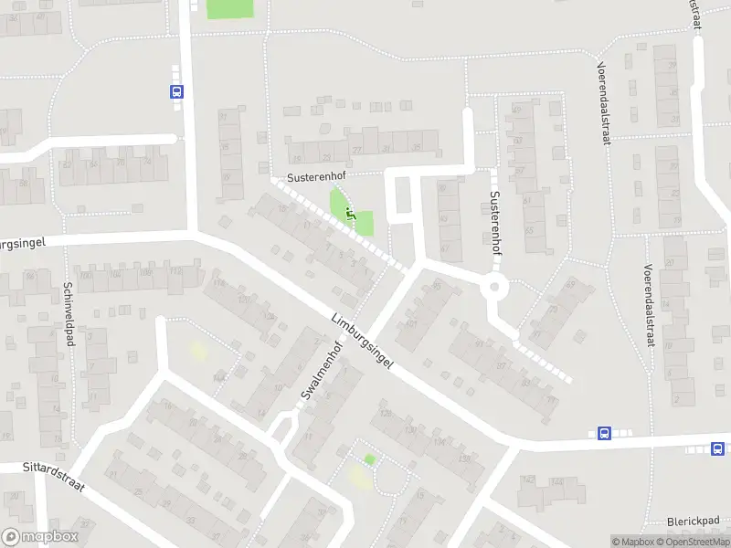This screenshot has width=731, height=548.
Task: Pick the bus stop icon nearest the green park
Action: tap(176, 91)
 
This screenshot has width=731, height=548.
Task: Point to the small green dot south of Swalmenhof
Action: tap(369, 459)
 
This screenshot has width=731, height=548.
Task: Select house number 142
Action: tap(527, 479)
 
